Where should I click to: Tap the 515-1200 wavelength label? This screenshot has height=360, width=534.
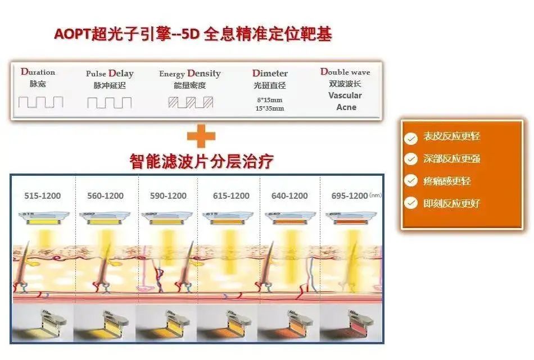(x=43, y=196)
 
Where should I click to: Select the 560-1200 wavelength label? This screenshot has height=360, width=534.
(x=106, y=196)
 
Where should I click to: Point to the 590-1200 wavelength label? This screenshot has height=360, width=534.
(x=168, y=196)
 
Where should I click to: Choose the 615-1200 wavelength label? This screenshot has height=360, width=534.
(x=231, y=196)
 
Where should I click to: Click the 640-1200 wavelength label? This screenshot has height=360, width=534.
(x=289, y=196)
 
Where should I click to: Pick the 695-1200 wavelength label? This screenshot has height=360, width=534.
(x=350, y=196)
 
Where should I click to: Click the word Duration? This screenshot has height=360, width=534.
(x=38, y=72)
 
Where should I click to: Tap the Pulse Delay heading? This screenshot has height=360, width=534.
(x=110, y=74)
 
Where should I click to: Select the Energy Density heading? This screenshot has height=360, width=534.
(x=189, y=74)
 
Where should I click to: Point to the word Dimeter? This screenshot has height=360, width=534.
(x=270, y=74)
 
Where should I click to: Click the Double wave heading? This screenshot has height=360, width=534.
(x=345, y=72)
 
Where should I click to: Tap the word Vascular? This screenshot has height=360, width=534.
(x=345, y=95)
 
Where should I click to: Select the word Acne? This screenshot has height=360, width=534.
(x=346, y=107)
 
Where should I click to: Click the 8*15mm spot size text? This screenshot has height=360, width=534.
(x=270, y=99)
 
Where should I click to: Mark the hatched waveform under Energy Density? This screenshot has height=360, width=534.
(x=191, y=102)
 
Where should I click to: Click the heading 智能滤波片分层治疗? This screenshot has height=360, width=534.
(x=201, y=162)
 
